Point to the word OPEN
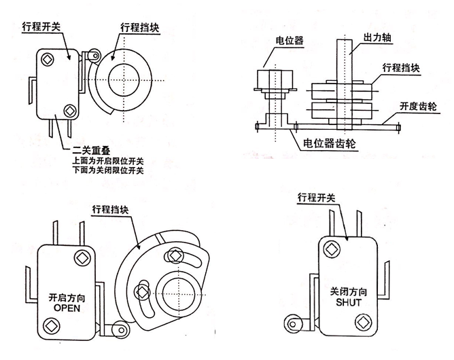[67, 307]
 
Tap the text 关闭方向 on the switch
[347, 290]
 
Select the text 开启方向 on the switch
[67, 297]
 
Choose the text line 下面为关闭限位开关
[108, 171]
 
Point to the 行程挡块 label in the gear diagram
[401, 68]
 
